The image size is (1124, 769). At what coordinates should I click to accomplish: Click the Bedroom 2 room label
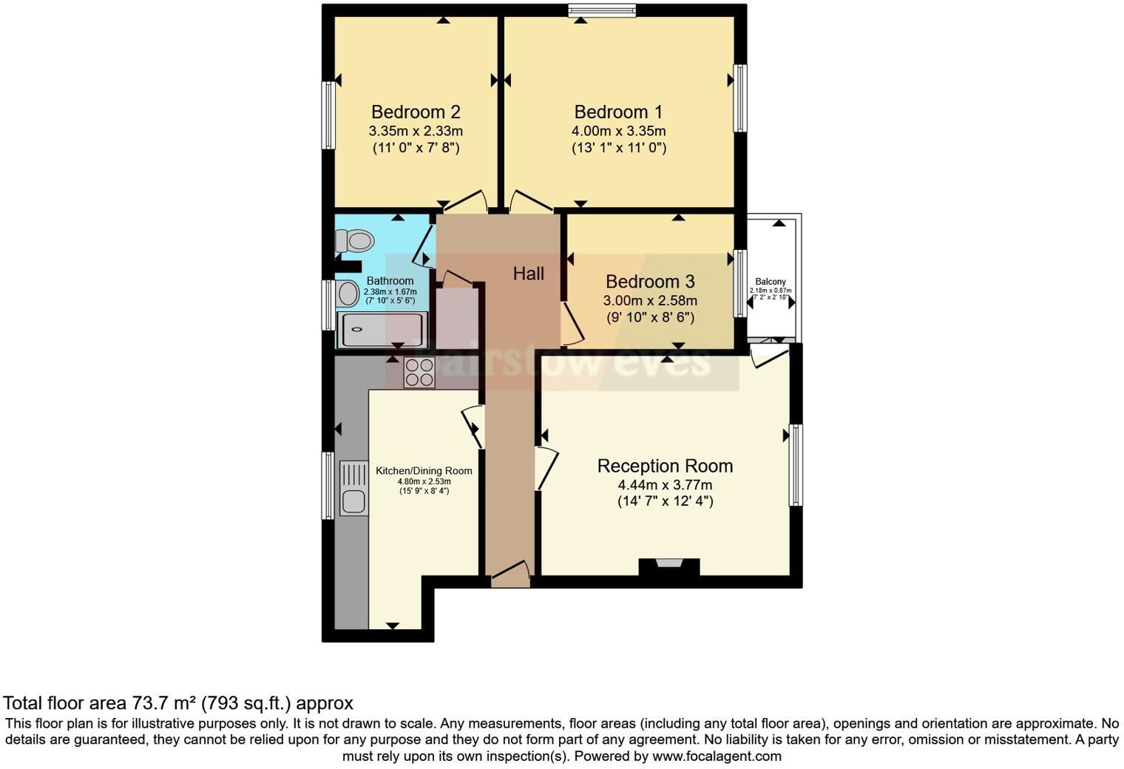pyautogui.click(x=416, y=112)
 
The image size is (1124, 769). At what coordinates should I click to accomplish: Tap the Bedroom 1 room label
pyautogui.click(x=618, y=112)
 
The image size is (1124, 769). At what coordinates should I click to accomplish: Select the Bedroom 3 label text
pyautogui.click(x=650, y=282)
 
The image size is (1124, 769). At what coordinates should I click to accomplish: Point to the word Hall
pyautogui.click(x=529, y=274)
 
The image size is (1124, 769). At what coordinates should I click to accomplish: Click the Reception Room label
pyautogui.click(x=665, y=466)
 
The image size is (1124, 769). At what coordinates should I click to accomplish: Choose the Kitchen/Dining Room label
pyautogui.click(x=424, y=471)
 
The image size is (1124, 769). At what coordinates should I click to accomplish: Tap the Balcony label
pyautogui.click(x=771, y=282)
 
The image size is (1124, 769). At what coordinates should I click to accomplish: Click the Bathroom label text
pyautogui.click(x=390, y=281)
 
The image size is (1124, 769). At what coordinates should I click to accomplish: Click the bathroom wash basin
pyautogui.click(x=348, y=294)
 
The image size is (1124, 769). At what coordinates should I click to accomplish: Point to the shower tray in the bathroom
pyautogui.click(x=382, y=329)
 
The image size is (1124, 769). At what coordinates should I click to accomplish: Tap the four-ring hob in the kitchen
pyautogui.click(x=419, y=372)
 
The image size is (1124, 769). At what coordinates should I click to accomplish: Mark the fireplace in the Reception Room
pyautogui.click(x=669, y=566)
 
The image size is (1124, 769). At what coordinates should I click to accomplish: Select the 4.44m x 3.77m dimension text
pyautogui.click(x=665, y=485)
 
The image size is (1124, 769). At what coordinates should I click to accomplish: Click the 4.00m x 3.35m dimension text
pyautogui.click(x=618, y=131)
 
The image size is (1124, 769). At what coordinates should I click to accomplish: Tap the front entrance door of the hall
pyautogui.click(x=510, y=575)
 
